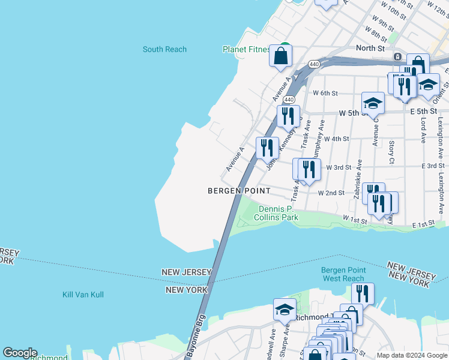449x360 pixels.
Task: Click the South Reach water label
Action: (164, 49)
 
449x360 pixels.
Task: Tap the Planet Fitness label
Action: (246, 49)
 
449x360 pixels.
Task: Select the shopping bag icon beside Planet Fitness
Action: (280, 57)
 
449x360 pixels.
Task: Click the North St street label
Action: (370, 48)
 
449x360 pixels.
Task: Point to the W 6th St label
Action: (326, 93)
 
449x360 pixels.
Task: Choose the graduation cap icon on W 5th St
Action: (372, 103)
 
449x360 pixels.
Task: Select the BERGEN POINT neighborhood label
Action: (239, 191)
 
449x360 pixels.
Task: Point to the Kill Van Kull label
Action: (83, 295)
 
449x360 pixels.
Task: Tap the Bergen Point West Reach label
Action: (343, 274)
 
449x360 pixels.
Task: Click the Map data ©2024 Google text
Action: (411, 355)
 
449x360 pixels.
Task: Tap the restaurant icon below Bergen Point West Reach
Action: (362, 293)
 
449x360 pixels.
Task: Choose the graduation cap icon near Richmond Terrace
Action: (285, 310)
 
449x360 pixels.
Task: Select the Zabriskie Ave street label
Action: (358, 178)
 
